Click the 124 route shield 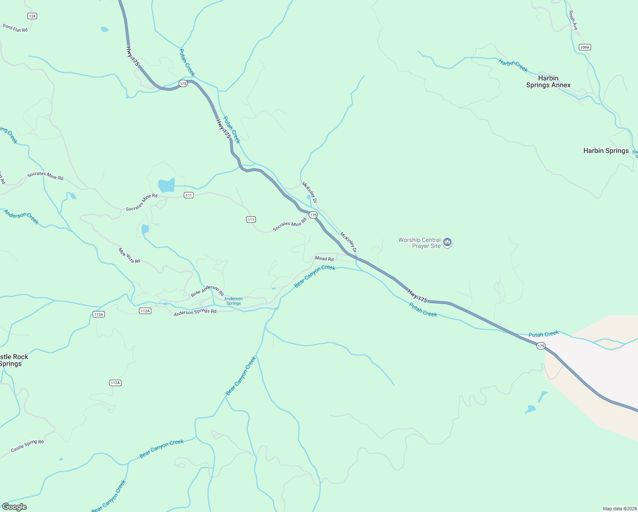32,16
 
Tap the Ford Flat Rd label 15,28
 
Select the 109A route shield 585,47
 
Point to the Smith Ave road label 573,20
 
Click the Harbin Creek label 513,66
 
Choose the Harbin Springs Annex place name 548,81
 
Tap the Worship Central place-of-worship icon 447,243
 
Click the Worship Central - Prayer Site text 420,243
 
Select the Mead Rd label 324,259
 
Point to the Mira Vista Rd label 129,256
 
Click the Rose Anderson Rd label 207,291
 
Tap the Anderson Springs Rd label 195,312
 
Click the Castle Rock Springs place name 13,360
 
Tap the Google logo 14,507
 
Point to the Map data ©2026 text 619,509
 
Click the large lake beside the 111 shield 166,186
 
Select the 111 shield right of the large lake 189,195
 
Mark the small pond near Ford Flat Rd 104,29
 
